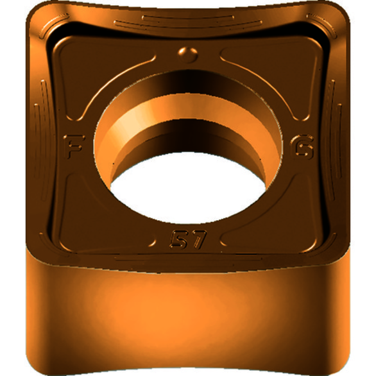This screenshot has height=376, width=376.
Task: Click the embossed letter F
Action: coord(73,146)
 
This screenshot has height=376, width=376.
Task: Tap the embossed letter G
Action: coord(302,148)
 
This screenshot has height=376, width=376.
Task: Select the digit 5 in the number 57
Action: coord(178,239)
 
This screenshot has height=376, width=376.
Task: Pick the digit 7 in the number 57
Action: coord(198,239)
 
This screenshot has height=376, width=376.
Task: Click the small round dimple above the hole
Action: coord(187,55)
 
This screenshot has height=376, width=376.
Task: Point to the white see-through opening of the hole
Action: coord(188,187)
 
